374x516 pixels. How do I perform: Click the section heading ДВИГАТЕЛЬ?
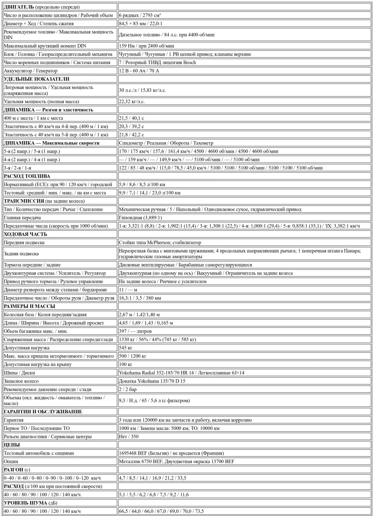point(19,7)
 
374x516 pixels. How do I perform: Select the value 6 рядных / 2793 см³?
point(140,15)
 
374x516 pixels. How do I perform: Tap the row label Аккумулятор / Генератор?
point(31,71)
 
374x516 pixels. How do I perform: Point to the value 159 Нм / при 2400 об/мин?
point(147,46)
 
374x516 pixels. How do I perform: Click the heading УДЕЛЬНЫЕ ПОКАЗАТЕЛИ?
point(36,79)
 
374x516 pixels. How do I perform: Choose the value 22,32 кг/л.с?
point(132,102)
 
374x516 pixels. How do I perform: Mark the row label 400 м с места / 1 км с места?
point(33,118)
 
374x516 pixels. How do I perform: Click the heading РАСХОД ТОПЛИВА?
point(27,176)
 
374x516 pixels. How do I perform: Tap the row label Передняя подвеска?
point(24,242)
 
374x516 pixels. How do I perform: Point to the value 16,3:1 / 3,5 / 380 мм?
point(140,298)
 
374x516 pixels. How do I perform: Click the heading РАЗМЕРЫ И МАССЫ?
point(29,306)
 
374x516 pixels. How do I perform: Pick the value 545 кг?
point(126,348)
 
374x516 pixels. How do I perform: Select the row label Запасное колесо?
point(21,381)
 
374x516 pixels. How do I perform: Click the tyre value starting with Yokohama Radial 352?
point(182,373)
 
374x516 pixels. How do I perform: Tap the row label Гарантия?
point(14,420)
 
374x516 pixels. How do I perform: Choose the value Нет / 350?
point(129,436)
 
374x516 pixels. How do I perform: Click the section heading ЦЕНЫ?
point(12,445)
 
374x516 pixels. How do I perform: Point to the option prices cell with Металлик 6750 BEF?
point(177,461)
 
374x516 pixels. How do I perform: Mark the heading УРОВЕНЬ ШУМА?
point(25,503)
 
